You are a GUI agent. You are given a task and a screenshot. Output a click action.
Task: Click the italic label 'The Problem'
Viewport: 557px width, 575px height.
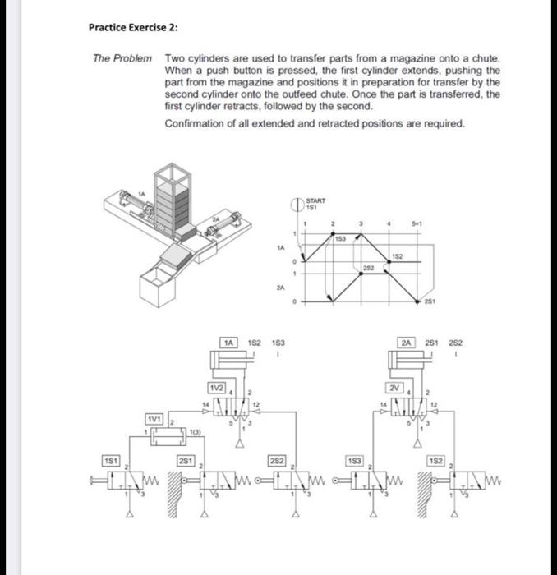(x=122, y=59)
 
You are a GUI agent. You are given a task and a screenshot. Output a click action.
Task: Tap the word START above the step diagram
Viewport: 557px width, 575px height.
(x=315, y=200)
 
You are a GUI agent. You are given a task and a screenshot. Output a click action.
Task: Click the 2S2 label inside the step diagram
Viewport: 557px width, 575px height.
(x=368, y=267)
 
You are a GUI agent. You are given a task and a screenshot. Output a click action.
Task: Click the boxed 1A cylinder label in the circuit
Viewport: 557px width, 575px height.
(x=229, y=341)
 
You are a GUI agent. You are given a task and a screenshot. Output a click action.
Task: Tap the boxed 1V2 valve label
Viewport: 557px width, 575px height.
(x=216, y=387)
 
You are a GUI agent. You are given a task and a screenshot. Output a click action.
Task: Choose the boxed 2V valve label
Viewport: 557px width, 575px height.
(x=396, y=387)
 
